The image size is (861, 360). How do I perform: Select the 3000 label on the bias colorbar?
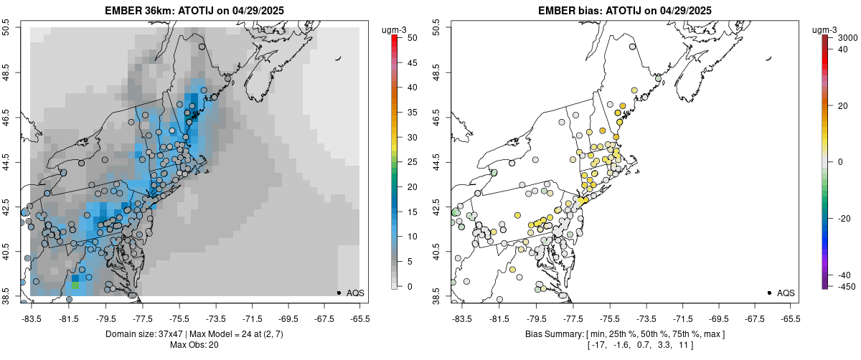(x=849, y=37)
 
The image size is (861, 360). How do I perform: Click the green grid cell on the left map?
(x=75, y=285)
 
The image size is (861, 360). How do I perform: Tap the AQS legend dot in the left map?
(x=338, y=293)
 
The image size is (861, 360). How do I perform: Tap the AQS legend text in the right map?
(x=786, y=293)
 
